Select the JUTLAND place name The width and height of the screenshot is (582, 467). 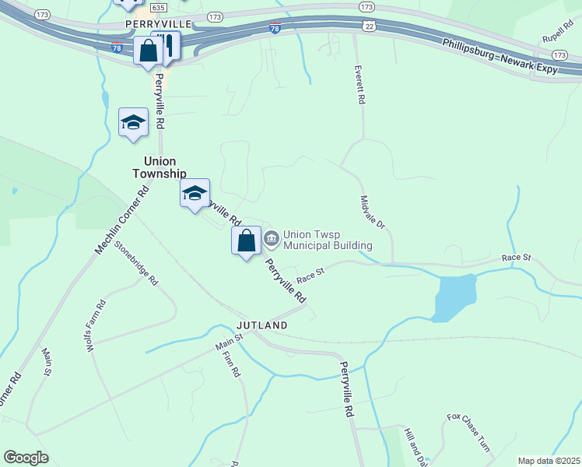coord(262,325)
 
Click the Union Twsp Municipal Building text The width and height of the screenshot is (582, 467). coord(327,239)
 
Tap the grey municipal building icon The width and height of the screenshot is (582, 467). coord(272,238)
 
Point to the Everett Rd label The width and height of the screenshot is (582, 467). coord(359,86)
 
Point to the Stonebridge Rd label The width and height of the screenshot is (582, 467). coord(136,262)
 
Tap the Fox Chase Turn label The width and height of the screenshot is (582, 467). coord(468,432)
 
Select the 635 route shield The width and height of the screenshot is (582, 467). coord(158,7)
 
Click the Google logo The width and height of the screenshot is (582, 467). coord(26,458)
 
